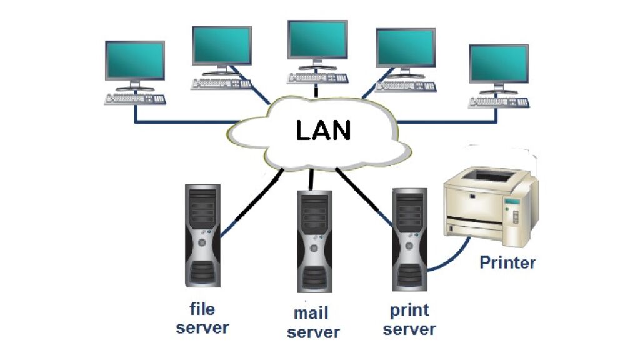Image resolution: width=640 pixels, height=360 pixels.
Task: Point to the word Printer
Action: (x=507, y=262)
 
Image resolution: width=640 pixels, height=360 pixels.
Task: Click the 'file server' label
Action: (x=202, y=318)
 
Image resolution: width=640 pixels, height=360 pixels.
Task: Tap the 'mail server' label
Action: (x=313, y=322)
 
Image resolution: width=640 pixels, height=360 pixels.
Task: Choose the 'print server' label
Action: (x=409, y=319)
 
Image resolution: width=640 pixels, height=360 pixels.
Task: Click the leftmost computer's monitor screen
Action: (x=134, y=61)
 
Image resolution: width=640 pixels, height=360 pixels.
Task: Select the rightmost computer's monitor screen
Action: (x=499, y=64)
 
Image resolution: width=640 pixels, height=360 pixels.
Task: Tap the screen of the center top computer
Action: (x=317, y=40)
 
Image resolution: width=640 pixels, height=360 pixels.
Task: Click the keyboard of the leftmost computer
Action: (x=135, y=99)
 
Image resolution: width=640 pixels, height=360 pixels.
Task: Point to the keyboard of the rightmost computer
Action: (x=499, y=102)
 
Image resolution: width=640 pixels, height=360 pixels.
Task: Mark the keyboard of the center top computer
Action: (x=317, y=78)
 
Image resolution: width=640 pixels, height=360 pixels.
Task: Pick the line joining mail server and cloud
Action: (x=310, y=180)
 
